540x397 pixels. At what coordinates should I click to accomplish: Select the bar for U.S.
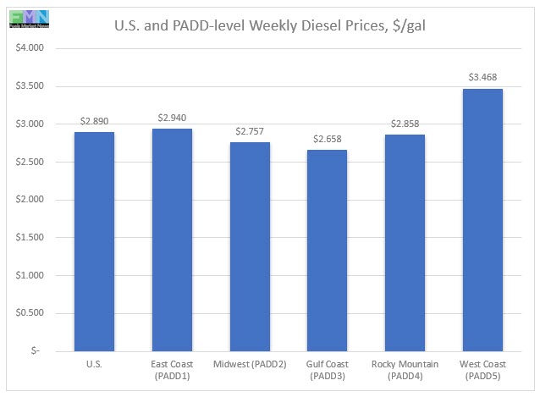pos(95,241)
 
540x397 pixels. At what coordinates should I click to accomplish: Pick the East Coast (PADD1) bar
pos(172,240)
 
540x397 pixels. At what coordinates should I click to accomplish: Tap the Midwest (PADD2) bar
pos(251,246)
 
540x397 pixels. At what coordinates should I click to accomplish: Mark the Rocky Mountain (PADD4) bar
pos(405,242)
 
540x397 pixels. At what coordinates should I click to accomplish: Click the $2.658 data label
pos(328,138)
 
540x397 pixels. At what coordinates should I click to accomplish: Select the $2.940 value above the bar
pos(172,117)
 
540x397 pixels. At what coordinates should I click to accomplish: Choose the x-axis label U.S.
pos(95,364)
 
